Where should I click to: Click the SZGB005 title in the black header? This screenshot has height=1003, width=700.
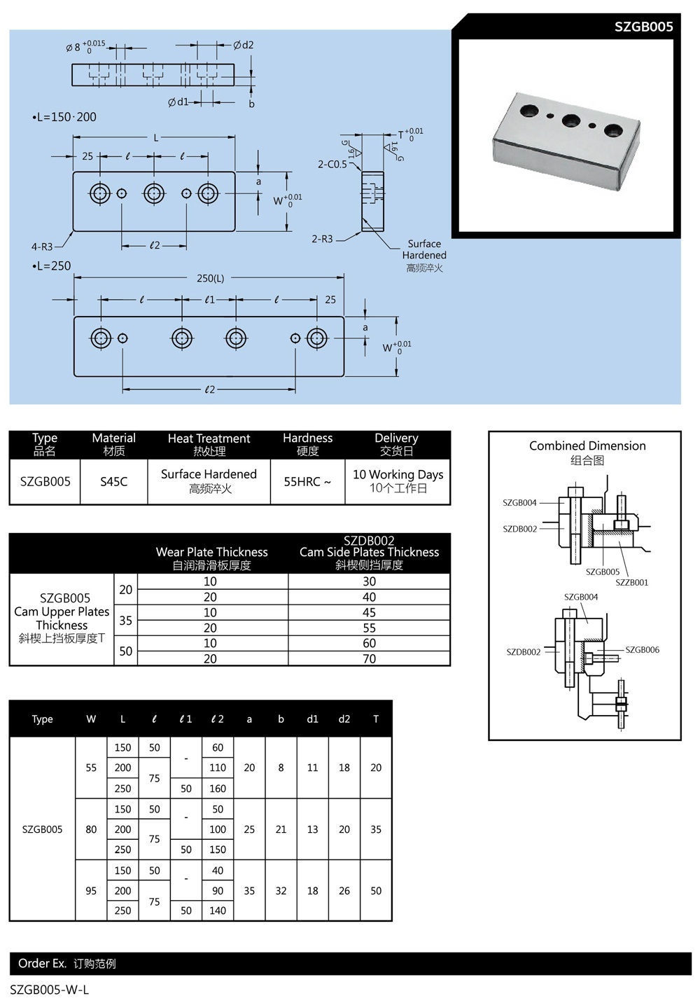(x=643, y=27)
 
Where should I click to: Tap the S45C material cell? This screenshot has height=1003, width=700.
(x=113, y=481)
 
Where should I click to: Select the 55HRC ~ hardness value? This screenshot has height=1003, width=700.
(x=307, y=481)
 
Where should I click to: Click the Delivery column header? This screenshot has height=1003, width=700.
(x=396, y=444)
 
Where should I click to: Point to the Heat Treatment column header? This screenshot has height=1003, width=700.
(x=209, y=444)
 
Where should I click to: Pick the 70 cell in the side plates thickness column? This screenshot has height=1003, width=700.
(x=369, y=658)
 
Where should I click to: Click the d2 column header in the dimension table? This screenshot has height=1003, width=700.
(x=344, y=719)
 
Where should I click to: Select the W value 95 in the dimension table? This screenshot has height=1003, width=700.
(x=91, y=890)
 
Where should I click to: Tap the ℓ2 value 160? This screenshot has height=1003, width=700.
(x=218, y=788)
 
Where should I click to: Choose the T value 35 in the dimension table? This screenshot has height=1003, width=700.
(x=376, y=829)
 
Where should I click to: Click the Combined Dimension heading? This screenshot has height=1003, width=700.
(x=587, y=445)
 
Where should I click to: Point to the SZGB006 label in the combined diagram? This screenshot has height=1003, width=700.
(x=642, y=649)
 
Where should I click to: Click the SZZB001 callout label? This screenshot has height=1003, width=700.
(x=631, y=582)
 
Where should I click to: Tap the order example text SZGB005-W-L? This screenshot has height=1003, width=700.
(x=50, y=989)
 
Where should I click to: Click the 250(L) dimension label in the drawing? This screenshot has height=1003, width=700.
(x=210, y=278)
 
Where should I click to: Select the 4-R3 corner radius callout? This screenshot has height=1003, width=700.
(x=42, y=247)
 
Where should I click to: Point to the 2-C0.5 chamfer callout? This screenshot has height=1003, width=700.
(x=332, y=164)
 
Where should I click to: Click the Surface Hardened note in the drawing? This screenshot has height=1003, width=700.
(x=424, y=249)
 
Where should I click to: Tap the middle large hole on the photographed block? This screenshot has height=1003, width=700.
(x=571, y=120)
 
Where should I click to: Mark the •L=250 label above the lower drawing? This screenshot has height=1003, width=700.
(x=51, y=265)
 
